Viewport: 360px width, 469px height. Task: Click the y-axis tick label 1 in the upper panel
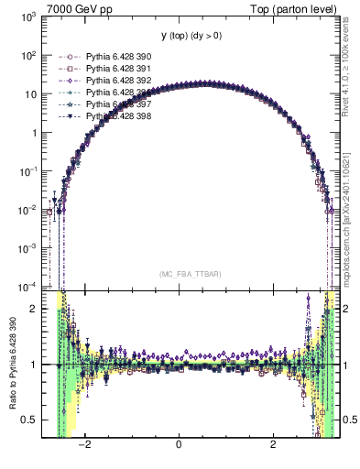point(35,132)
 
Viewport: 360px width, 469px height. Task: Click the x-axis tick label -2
point(84,446)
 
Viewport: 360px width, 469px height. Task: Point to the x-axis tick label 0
point(180,446)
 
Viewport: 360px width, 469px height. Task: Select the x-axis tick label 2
point(273,446)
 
